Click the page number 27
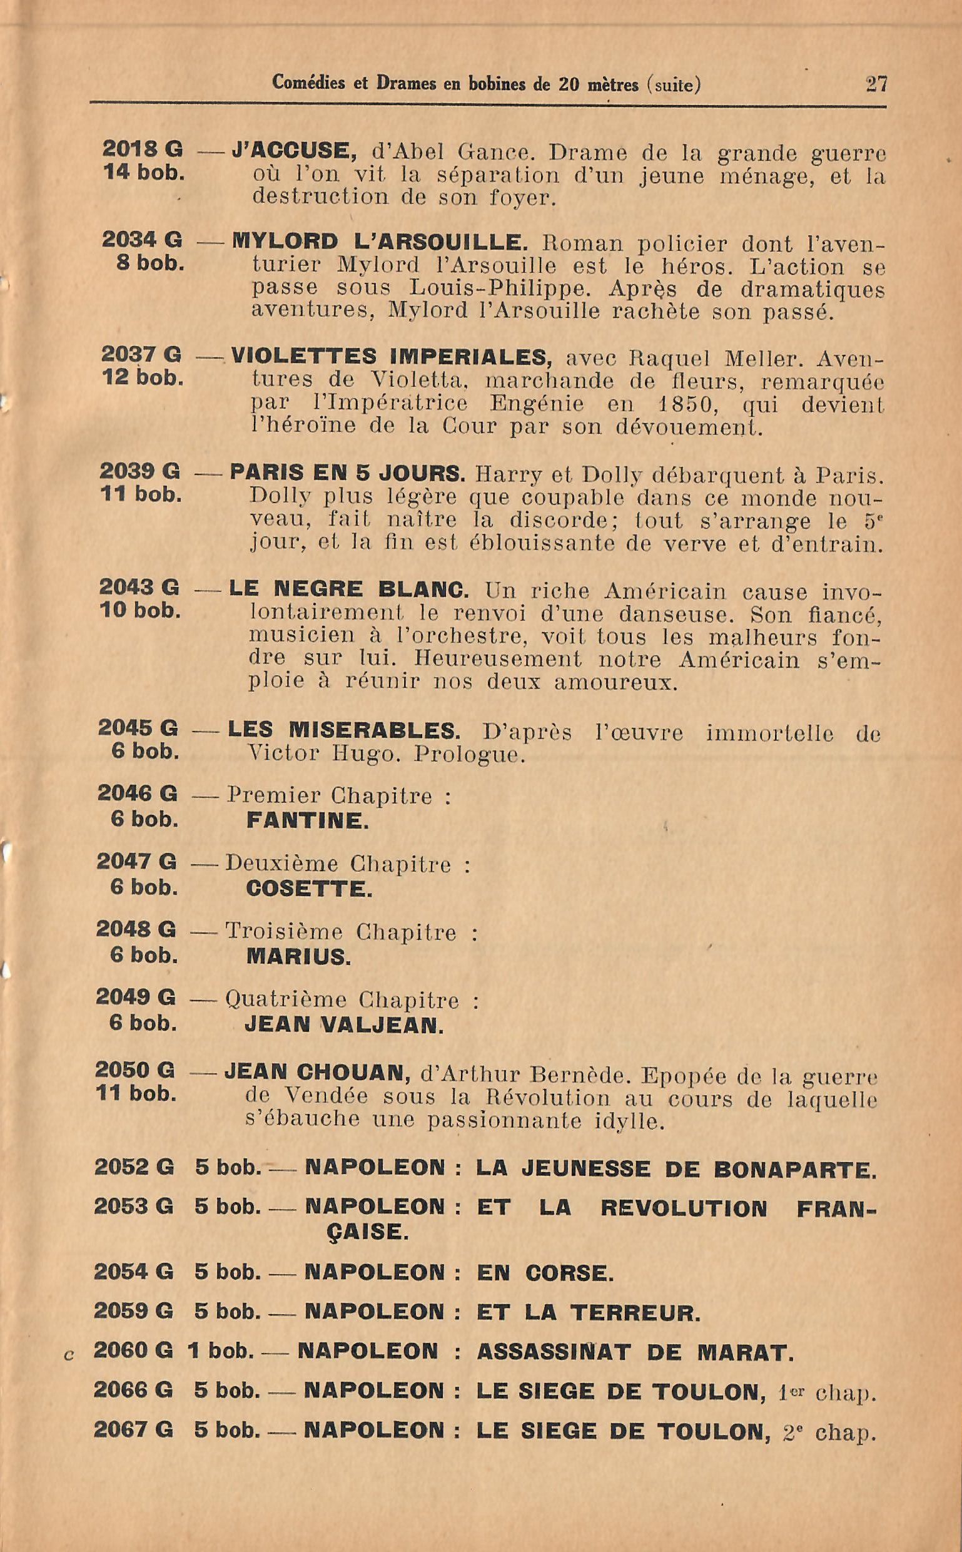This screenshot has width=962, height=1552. pos(876,84)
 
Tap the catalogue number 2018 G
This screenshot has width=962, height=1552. pos(143,149)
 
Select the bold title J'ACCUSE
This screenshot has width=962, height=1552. pos(294,151)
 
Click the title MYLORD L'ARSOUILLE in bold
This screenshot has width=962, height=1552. pos(380,242)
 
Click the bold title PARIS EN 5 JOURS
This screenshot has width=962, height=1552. pos(347,473)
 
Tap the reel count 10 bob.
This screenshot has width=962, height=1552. pos(140,611)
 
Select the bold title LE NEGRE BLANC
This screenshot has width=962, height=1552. pos(348,589)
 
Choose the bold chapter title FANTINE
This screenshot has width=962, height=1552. pos(307,820)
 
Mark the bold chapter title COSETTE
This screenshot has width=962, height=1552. pos(309,889)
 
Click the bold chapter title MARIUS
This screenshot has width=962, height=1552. pos(298,957)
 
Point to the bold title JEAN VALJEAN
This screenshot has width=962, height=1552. pos(343,1025)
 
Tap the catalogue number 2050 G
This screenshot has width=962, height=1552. pos(135,1070)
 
